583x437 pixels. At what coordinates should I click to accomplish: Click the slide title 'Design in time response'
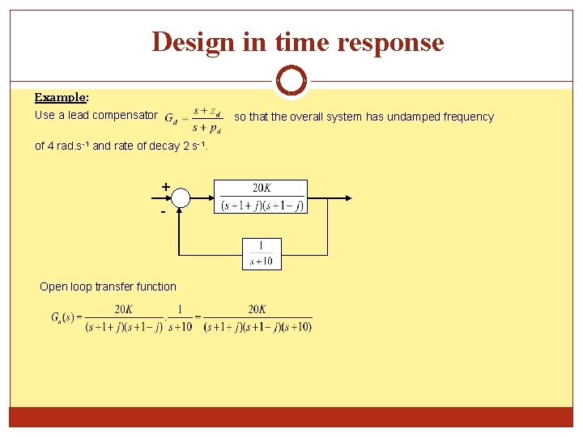[x=297, y=41]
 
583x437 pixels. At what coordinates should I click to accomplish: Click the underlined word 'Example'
[x=61, y=97]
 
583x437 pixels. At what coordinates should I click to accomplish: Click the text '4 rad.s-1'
[x=69, y=146]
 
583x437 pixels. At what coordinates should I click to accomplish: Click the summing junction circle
[x=181, y=197]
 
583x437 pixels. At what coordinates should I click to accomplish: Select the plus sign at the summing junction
[x=165, y=187]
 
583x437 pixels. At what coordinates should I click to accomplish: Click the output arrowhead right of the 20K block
[x=349, y=197]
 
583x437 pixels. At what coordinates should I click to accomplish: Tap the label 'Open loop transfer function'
[x=108, y=286]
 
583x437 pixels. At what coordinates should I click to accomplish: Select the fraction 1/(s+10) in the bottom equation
[x=181, y=317]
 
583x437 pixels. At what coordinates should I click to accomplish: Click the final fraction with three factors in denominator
[x=257, y=317]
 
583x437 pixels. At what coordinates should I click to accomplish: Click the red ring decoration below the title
[x=291, y=80]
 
